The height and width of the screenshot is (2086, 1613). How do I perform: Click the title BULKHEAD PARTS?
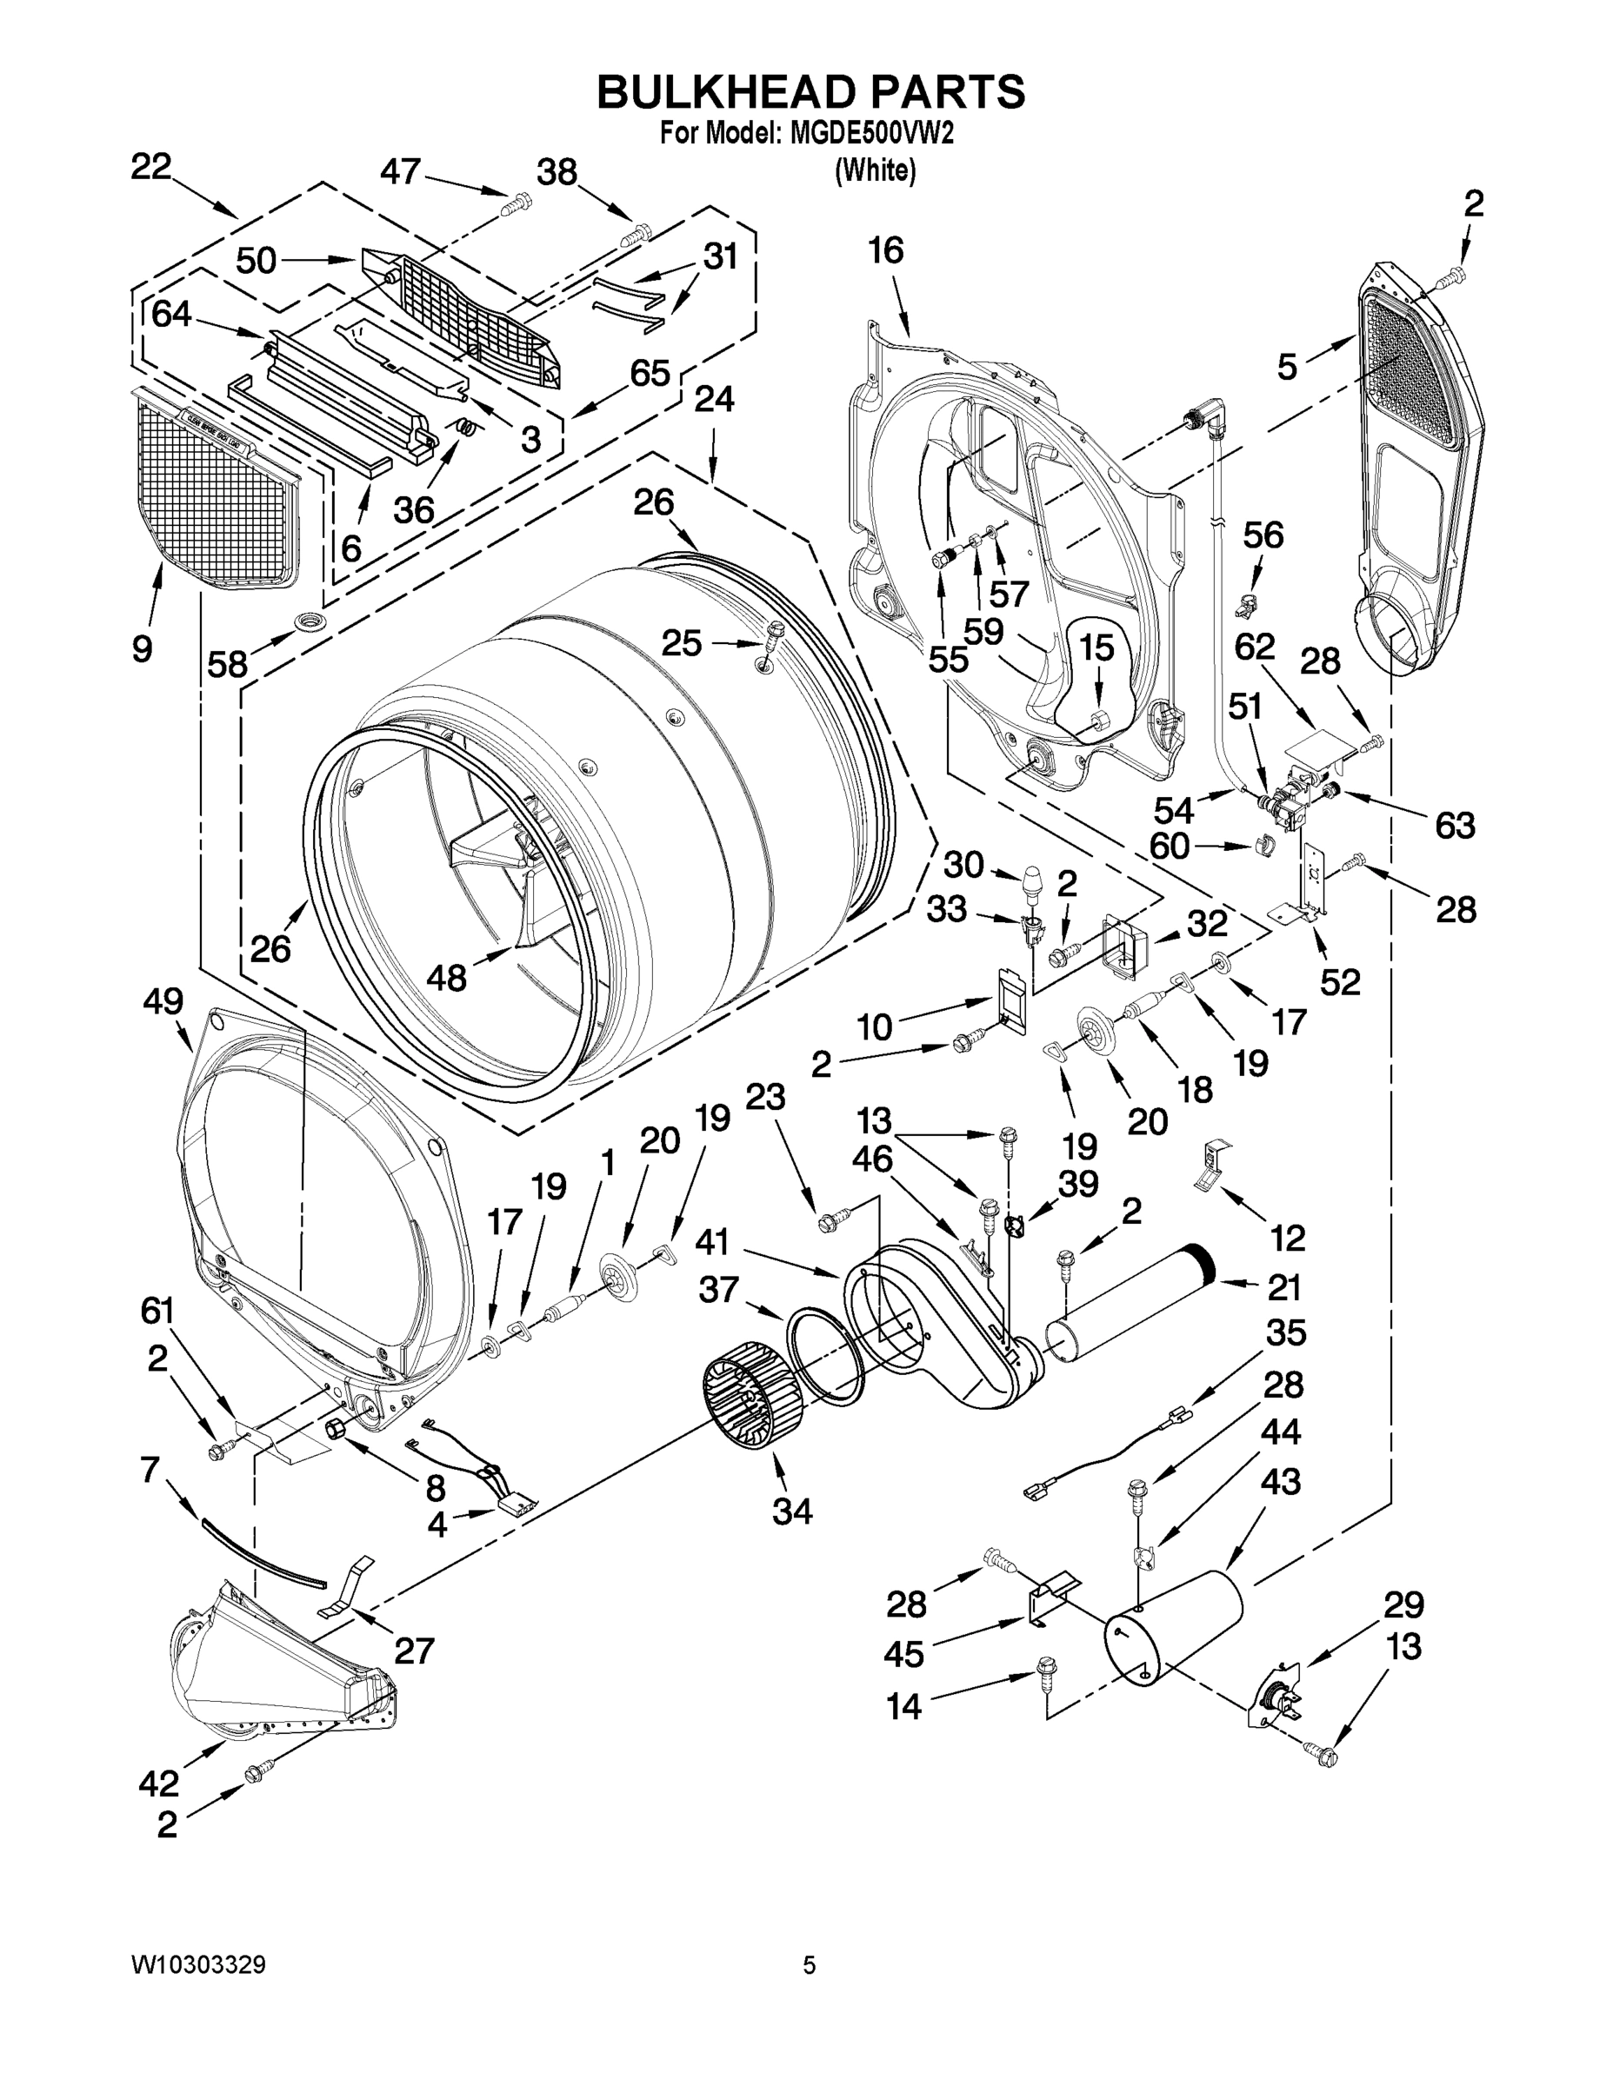(810, 93)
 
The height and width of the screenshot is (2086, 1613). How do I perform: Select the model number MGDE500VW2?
(870, 134)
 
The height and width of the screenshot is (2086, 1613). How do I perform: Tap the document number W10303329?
(199, 1964)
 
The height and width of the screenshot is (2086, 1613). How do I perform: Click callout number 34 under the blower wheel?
(792, 1510)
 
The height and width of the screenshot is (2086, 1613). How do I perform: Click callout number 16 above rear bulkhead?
(885, 251)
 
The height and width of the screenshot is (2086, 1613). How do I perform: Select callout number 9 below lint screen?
(142, 649)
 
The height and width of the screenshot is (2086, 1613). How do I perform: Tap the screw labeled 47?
(518, 202)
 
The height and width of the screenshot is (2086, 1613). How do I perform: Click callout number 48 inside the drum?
(445, 977)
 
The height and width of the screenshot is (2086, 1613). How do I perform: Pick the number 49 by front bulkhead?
(163, 1001)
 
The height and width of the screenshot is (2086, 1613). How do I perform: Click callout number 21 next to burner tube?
(1284, 1287)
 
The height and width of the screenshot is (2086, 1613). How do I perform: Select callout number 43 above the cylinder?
(1281, 1481)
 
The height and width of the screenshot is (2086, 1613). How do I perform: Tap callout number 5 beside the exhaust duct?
(1287, 367)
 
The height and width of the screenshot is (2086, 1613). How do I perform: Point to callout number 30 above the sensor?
(963, 865)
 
